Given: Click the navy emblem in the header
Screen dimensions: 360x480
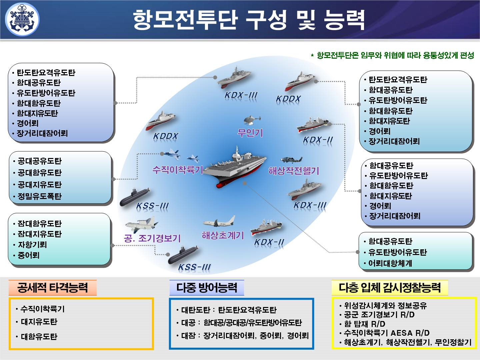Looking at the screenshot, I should [22, 19].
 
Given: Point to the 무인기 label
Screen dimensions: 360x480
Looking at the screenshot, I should [250, 133].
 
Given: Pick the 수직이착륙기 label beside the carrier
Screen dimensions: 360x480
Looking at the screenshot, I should [177, 170].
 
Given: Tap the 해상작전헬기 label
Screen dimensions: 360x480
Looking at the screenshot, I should [294, 171].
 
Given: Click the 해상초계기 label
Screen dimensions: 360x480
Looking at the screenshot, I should [223, 236].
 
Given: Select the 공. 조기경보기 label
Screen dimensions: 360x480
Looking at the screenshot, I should [152, 238].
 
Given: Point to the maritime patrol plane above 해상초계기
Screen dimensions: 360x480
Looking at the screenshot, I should [219, 222].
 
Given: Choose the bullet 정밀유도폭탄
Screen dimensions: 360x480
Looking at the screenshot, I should [39, 196].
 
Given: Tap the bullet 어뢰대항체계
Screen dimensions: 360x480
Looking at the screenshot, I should [390, 263].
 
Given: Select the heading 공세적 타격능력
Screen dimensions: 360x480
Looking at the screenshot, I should [52, 288].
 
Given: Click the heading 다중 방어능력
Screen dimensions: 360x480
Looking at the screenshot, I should [206, 288].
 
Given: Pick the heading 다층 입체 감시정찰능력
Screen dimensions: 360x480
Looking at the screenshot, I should [389, 288].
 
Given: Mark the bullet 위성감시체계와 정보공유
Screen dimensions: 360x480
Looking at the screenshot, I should [385, 305].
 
